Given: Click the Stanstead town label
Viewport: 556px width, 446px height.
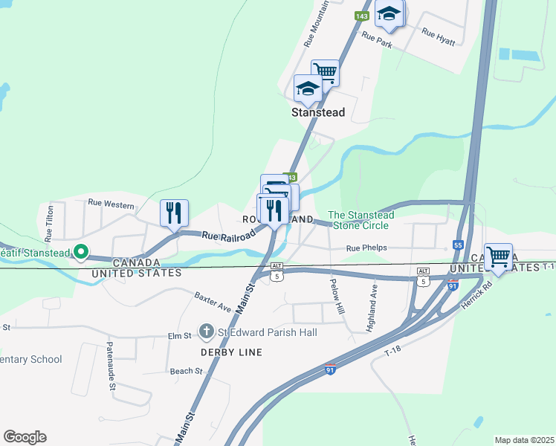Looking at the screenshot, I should (317, 113).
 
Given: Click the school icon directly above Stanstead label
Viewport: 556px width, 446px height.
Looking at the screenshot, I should (308, 90).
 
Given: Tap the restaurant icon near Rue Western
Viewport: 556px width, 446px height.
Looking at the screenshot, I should (174, 213).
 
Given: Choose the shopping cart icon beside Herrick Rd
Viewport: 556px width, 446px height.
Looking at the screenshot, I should (498, 257).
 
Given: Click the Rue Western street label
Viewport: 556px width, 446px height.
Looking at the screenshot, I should (111, 203).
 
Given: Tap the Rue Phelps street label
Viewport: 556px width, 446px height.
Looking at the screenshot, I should (367, 248).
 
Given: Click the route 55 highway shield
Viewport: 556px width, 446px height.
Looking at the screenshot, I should (458, 245).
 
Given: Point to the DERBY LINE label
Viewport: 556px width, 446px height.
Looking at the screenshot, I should (230, 352).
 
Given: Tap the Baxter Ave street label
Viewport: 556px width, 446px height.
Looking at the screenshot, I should (212, 301).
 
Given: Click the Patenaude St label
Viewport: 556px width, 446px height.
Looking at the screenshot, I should (110, 366).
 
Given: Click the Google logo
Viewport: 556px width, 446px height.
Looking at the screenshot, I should (25, 437).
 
